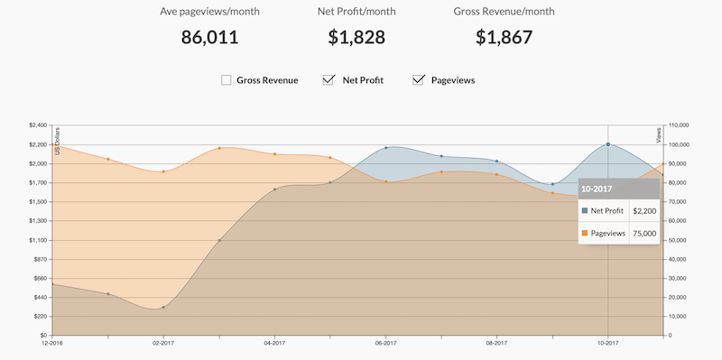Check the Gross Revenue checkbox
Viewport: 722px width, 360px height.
click(227, 80)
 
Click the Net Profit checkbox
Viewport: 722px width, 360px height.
click(329, 80)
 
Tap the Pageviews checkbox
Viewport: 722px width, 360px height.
click(418, 80)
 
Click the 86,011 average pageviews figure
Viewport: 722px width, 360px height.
click(209, 37)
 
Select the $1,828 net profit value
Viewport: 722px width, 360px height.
click(356, 37)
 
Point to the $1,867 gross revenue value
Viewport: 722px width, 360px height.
click(504, 37)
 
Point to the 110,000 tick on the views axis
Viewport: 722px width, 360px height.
click(677, 125)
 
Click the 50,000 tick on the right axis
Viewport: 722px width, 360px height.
click(675, 240)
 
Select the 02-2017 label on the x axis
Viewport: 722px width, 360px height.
click(163, 343)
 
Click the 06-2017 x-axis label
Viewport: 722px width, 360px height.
click(386, 343)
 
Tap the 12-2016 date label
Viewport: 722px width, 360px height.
click(52, 343)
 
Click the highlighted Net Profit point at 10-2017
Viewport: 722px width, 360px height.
click(607, 144)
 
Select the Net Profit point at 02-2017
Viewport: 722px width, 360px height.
click(163, 307)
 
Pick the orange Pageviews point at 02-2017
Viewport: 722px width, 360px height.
click(163, 171)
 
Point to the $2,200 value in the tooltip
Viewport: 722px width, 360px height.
click(644, 211)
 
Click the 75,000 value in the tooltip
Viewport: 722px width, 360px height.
click(644, 234)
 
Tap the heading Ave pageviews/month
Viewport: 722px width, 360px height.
click(209, 12)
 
